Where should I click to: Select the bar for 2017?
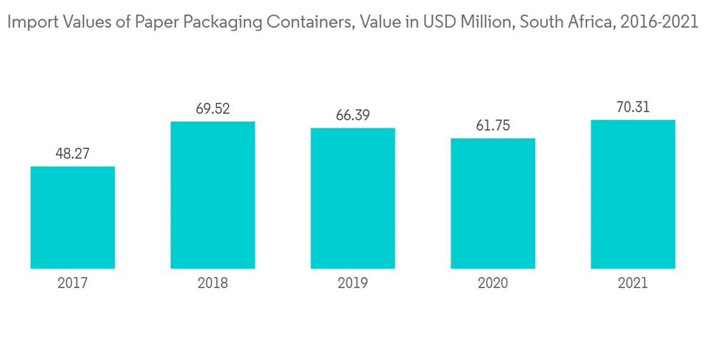pyautogui.click(x=73, y=217)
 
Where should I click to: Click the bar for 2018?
pyautogui.click(x=213, y=194)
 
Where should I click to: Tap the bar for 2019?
pyautogui.click(x=353, y=198)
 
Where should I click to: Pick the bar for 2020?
pyautogui.click(x=493, y=203)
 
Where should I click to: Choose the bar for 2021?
pyautogui.click(x=633, y=194)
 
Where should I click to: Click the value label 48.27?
pyautogui.click(x=73, y=153)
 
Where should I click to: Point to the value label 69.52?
pyautogui.click(x=213, y=109)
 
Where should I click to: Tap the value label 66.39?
pyautogui.click(x=353, y=115)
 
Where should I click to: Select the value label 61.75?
pyautogui.click(x=493, y=125)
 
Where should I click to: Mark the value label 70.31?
pyautogui.click(x=633, y=107)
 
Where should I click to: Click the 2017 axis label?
pyautogui.click(x=73, y=284)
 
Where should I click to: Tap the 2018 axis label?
pyautogui.click(x=213, y=284)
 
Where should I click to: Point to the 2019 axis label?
pyautogui.click(x=353, y=284)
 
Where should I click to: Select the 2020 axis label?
pyautogui.click(x=493, y=284)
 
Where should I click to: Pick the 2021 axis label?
pyautogui.click(x=633, y=284)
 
